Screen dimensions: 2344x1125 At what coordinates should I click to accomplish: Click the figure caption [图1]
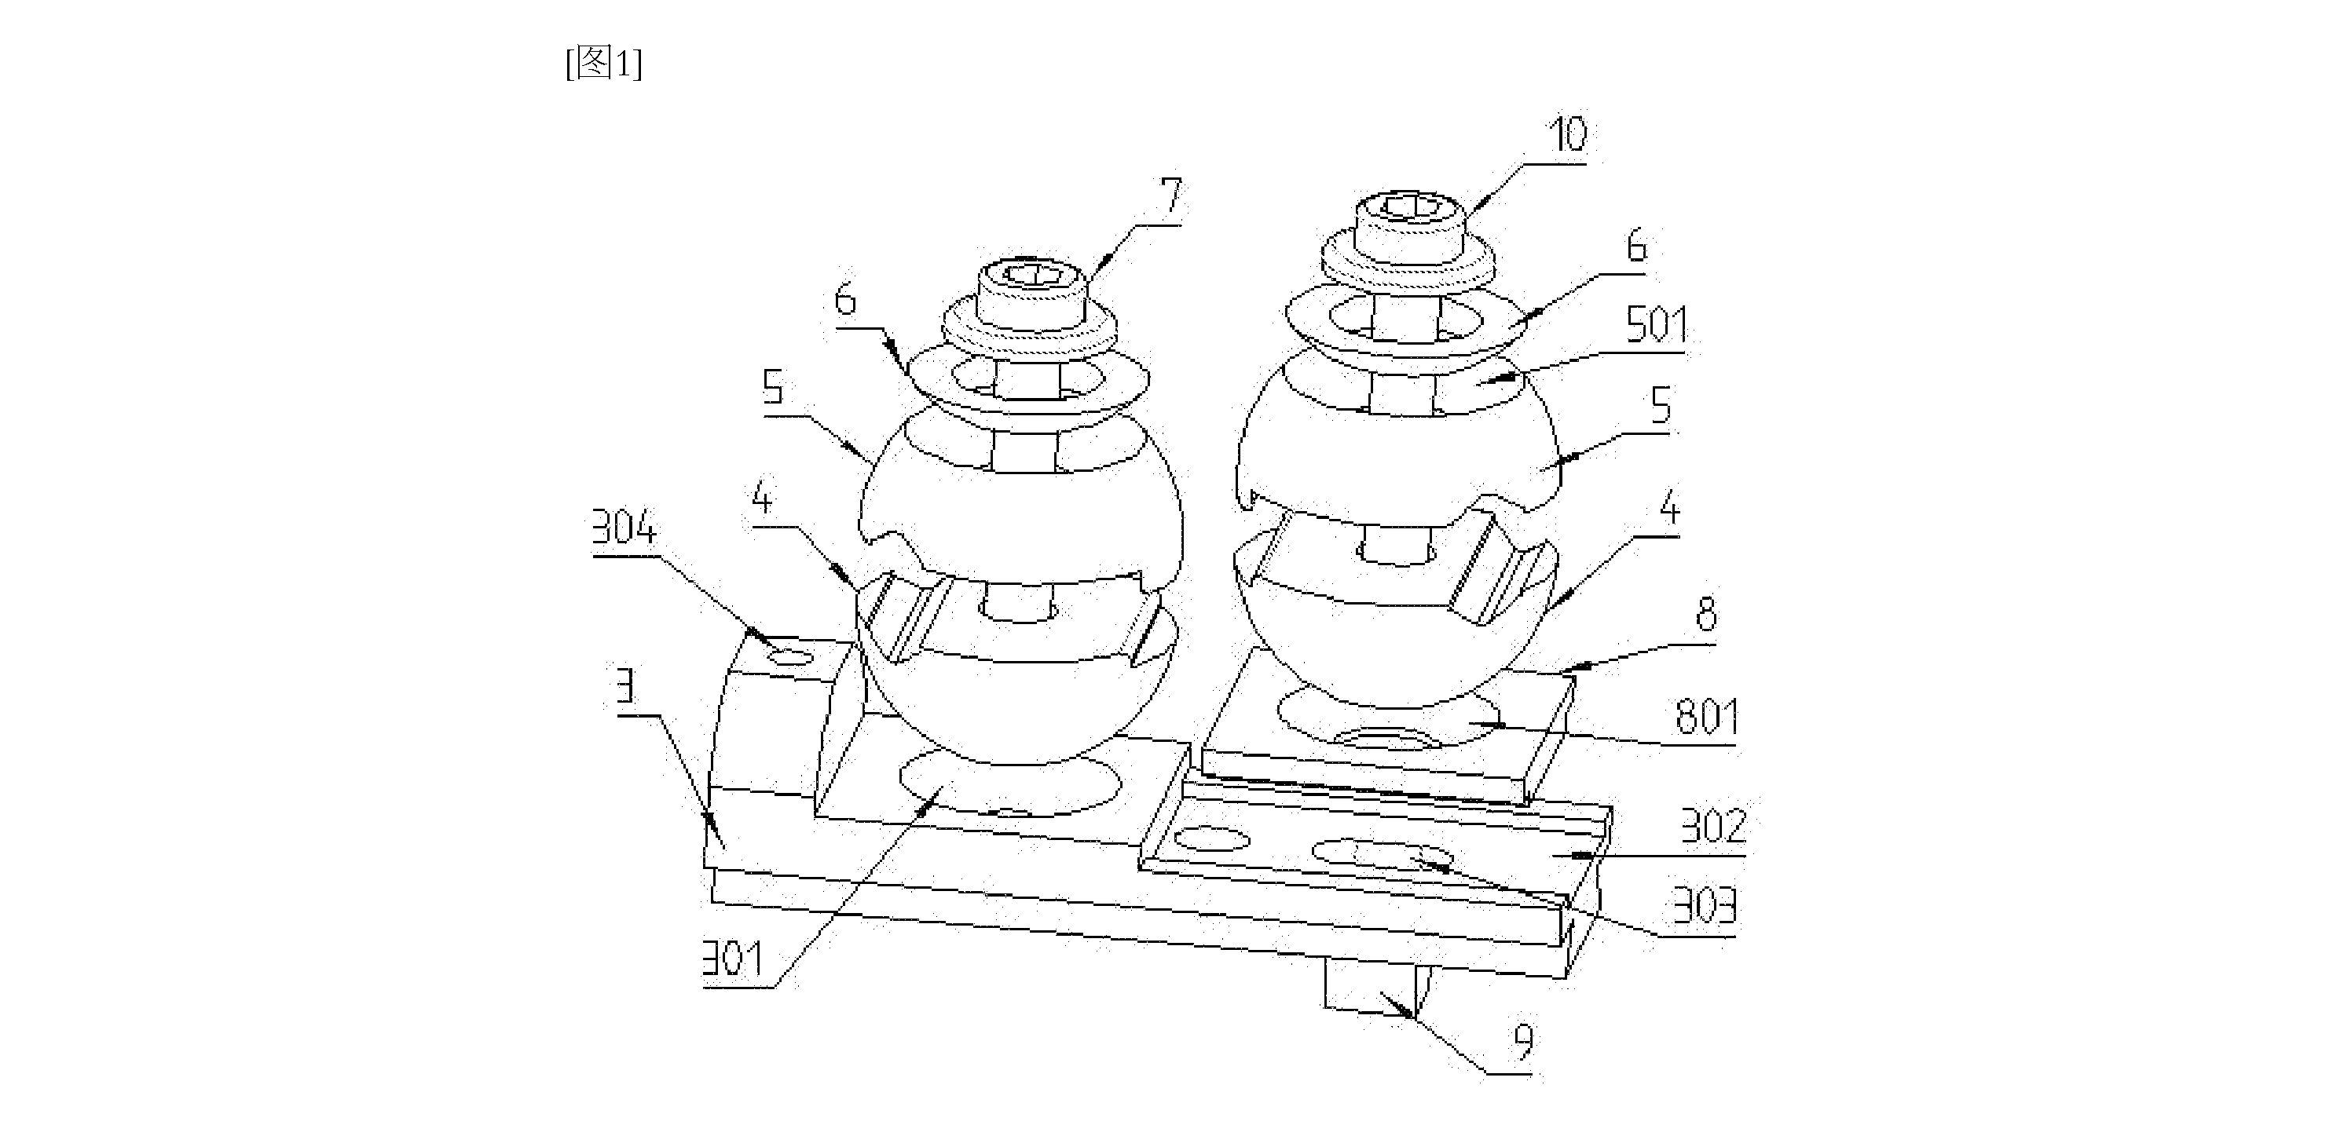(x=603, y=64)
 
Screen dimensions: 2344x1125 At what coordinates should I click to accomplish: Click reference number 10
(x=1567, y=134)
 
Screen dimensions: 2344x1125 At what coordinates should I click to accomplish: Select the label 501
(x=1656, y=325)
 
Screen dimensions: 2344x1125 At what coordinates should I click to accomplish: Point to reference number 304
(x=624, y=527)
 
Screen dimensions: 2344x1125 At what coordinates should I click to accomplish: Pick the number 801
(x=1707, y=717)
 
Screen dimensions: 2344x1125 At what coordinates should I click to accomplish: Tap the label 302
(x=1713, y=826)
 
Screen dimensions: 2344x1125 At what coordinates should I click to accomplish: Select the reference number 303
(x=1705, y=905)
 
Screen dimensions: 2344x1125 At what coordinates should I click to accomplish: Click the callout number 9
(x=1523, y=1043)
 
